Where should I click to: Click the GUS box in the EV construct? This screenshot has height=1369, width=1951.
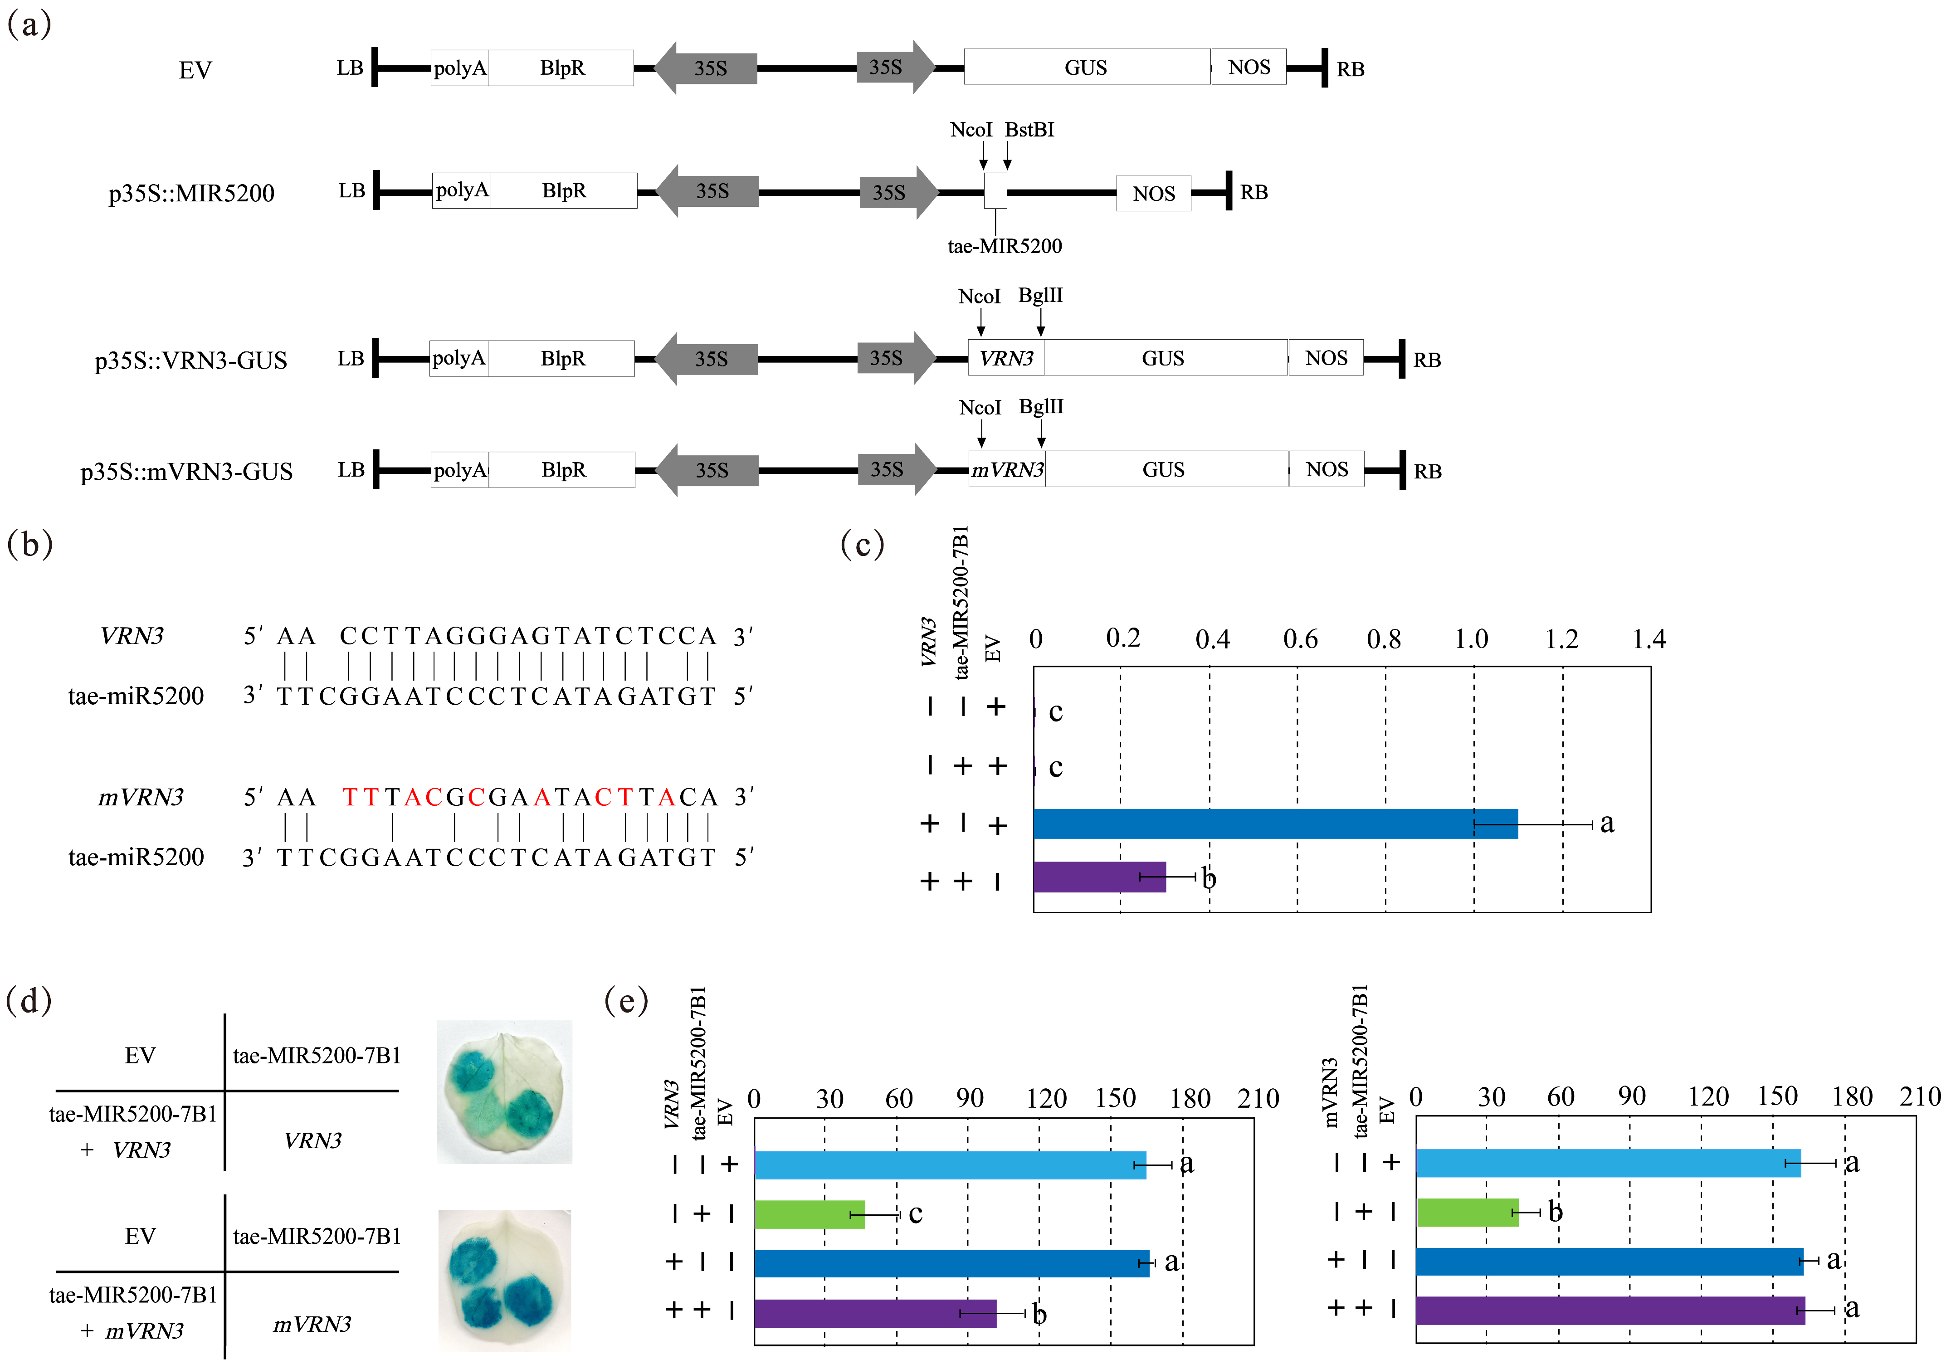[1086, 67]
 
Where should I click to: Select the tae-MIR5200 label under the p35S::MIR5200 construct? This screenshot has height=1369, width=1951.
[1005, 246]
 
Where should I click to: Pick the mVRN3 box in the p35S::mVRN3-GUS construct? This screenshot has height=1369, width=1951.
[1007, 470]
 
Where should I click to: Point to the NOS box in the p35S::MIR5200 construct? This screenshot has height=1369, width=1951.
[1153, 194]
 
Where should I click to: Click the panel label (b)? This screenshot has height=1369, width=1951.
[30, 544]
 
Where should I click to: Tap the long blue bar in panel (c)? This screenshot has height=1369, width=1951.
[1275, 823]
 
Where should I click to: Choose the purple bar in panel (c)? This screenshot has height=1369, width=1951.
[1099, 877]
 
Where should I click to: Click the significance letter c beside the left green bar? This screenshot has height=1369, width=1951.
[915, 1213]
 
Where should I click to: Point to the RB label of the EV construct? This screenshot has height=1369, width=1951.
[1350, 70]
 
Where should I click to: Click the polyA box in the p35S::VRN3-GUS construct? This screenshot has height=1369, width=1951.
[459, 359]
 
